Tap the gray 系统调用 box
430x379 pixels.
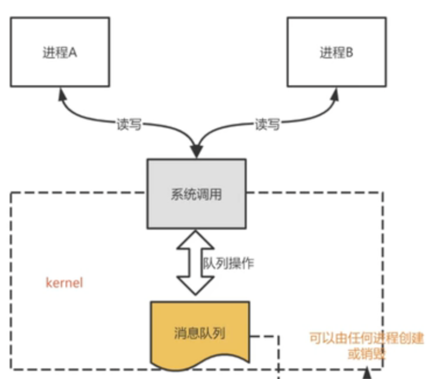pos(196,194)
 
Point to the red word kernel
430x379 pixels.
pos(64,282)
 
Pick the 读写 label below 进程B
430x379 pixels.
pos(267,124)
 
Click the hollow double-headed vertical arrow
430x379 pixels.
pos(195,262)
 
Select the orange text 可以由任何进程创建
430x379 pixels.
pos(367,338)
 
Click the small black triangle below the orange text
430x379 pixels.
pos(367,372)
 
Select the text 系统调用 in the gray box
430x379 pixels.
pos(196,194)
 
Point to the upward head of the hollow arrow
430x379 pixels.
pos(195,238)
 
